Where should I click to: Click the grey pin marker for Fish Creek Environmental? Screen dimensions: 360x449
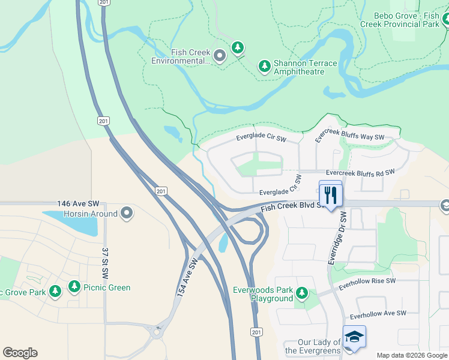coord(220,56)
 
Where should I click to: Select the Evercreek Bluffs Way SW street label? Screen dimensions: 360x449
coord(349,136)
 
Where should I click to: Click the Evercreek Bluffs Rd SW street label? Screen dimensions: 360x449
coord(360,172)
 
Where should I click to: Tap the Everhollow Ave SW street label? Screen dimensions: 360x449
coord(378,313)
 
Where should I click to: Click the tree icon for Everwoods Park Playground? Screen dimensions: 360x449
coord(301,293)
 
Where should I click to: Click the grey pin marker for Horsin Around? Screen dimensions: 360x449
coord(127,212)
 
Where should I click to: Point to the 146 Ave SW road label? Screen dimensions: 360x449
coord(82,204)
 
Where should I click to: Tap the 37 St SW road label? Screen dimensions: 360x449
coord(104,263)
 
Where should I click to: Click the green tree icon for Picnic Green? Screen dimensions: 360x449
coord(74,287)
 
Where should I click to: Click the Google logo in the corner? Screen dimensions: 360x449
coord(20,353)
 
